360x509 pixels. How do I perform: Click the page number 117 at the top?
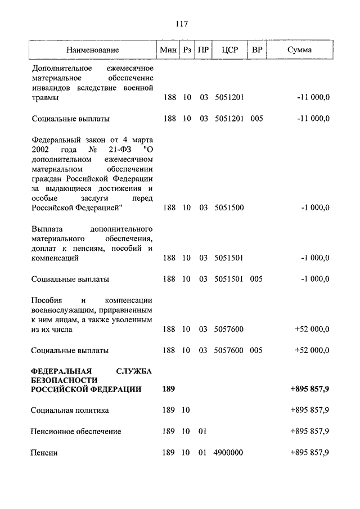[181, 24]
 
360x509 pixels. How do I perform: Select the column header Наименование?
[92, 50]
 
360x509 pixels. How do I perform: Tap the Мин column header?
[168, 50]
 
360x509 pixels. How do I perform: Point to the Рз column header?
[187, 50]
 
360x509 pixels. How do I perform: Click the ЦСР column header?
[229, 50]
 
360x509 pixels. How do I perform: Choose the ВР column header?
[256, 50]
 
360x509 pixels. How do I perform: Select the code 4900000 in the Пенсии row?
[228, 453]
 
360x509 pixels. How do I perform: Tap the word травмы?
[46, 98]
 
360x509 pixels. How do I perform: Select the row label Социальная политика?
[70, 410]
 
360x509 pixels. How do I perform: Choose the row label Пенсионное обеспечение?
[76, 431]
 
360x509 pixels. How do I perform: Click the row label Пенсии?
[44, 453]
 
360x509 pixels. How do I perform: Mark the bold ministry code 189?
[168, 389]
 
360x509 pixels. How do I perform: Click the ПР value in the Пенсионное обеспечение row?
[203, 431]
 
